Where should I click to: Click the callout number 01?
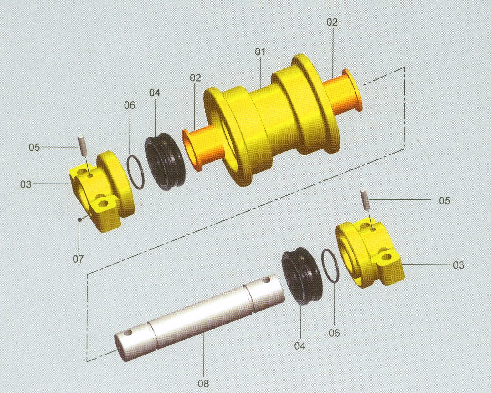tap(260, 52)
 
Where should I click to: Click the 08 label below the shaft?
tap(203, 383)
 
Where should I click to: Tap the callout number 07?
tap(78, 259)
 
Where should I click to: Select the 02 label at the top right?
tap(332, 22)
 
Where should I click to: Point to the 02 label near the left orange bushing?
tap(195, 78)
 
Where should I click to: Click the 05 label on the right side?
tap(444, 200)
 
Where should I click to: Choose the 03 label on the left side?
tap(26, 184)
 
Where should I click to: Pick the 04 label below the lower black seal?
tap(300, 346)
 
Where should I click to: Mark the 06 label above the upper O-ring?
tap(130, 105)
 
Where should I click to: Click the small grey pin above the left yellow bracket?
tap(82, 144)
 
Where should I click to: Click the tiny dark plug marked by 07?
tap(80, 219)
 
